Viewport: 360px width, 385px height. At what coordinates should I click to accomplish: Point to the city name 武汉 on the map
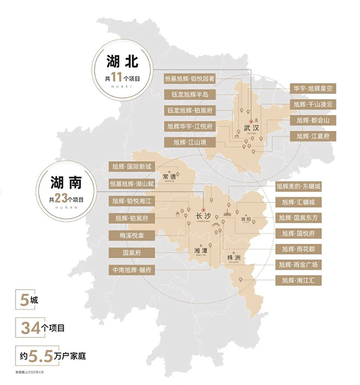tap(251, 128)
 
